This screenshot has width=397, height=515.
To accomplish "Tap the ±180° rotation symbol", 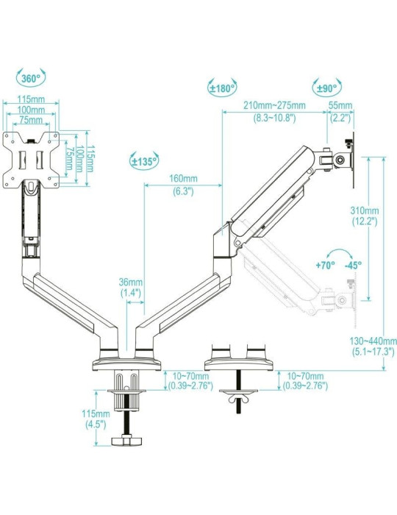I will (222, 88).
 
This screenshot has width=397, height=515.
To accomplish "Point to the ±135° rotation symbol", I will (143, 160).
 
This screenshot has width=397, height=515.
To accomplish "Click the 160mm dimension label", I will (183, 179).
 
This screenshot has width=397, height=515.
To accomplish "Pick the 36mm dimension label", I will (130, 283).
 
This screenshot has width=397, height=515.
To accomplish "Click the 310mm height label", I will (365, 210).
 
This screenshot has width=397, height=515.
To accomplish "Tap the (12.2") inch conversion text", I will (365, 221).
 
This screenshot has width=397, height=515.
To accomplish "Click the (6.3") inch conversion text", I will (183, 191).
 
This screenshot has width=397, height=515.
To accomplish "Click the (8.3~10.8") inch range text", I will (275, 116).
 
